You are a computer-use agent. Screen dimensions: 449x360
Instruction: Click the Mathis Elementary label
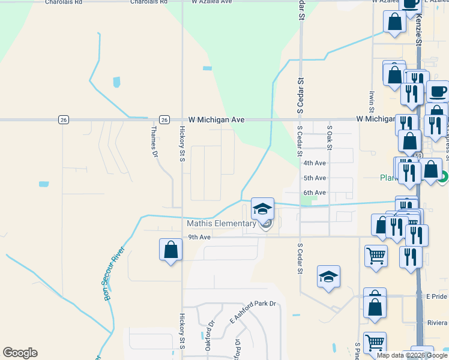click(x=221, y=224)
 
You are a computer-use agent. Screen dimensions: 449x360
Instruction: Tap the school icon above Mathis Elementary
click(x=262, y=209)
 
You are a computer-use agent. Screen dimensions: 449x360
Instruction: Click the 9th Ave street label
click(x=199, y=237)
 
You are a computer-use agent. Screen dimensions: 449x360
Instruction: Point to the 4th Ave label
click(x=315, y=163)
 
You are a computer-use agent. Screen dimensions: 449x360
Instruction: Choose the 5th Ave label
click(x=315, y=178)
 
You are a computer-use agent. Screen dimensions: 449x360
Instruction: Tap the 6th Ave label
click(x=315, y=193)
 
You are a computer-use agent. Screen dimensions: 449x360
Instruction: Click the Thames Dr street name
click(x=154, y=141)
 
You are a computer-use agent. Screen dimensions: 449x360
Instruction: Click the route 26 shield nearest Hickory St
click(x=164, y=119)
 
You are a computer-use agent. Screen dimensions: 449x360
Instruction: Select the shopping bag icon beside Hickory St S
click(x=170, y=250)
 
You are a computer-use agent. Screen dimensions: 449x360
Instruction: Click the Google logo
click(x=20, y=353)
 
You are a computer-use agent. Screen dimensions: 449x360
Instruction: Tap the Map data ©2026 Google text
click(x=412, y=355)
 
